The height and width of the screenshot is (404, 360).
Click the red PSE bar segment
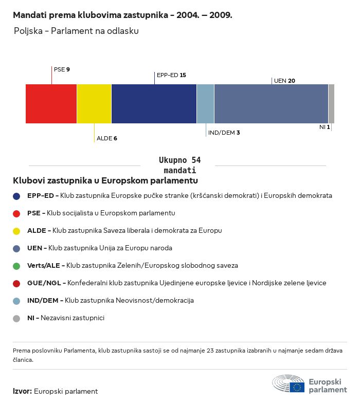coord(51,104)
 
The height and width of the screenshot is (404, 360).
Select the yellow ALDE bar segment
coord(94,104)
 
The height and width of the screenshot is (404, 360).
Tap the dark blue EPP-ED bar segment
coord(154,104)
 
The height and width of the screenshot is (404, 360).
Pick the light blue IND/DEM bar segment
coord(205,104)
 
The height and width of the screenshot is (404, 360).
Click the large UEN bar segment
coord(271,104)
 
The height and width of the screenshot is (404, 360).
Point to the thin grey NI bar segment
coord(331,104)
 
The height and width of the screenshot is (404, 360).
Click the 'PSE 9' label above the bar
coord(62,69)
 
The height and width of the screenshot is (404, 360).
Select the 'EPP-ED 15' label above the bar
coord(171,75)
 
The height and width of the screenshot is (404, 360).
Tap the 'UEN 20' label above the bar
coord(284,81)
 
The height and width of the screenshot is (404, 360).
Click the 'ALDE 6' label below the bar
coord(107,139)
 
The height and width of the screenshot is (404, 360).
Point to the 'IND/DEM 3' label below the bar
coord(224,133)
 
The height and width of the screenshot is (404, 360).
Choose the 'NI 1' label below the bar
coord(325,127)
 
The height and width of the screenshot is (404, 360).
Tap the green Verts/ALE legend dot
coord(17,266)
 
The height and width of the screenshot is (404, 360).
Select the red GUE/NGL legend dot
coord(17,283)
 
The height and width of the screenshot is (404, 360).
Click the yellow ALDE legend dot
coord(17,231)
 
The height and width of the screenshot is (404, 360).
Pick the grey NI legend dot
coord(17,318)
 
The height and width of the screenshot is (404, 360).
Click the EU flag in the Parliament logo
coord(297,387)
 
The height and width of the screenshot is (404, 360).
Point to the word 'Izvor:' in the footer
coord(23,392)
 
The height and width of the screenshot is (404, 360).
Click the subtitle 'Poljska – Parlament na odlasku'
coord(76,31)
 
